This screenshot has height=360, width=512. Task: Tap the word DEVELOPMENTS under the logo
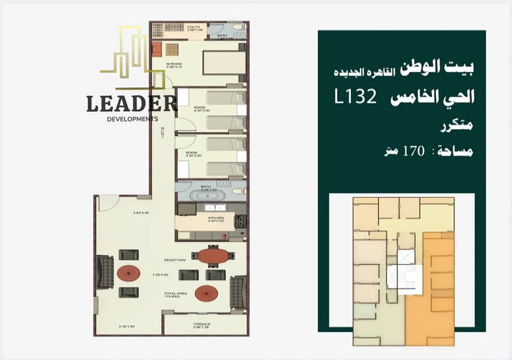[x=132, y=119]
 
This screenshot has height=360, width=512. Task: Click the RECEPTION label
[x=175, y=260]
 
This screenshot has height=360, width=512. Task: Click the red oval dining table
[x=214, y=257]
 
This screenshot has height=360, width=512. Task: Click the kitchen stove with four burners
[x=240, y=221]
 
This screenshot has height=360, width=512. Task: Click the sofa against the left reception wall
[x=105, y=272]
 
